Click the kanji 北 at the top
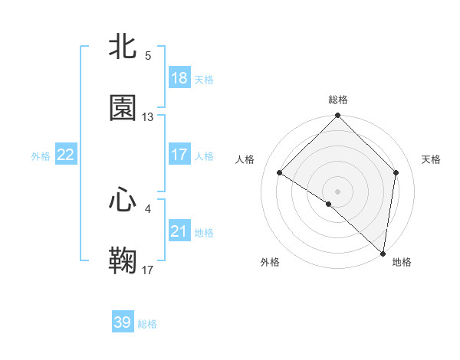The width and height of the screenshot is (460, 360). [123, 47]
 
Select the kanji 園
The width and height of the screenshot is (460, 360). [123, 108]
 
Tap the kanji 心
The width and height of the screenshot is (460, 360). [123, 200]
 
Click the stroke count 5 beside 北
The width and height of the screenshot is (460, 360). [148, 56]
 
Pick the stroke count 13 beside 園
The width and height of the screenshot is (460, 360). [148, 117]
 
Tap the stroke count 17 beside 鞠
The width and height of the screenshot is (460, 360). [148, 270]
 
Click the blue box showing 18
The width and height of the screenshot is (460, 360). [179, 78]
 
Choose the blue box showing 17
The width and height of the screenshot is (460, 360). [179, 155]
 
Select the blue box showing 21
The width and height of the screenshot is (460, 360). [179, 231]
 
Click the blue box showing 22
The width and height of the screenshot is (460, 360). [66, 155]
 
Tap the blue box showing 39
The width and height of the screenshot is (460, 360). [123, 322]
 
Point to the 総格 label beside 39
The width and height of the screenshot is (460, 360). [147, 324]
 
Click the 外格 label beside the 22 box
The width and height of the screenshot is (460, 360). [41, 156]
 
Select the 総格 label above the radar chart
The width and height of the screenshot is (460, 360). [338, 100]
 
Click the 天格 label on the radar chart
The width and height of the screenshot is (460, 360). [431, 159]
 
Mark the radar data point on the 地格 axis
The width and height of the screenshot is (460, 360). [383, 253]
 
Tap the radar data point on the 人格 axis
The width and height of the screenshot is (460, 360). [280, 173]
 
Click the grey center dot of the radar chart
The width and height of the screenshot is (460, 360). [338, 191]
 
